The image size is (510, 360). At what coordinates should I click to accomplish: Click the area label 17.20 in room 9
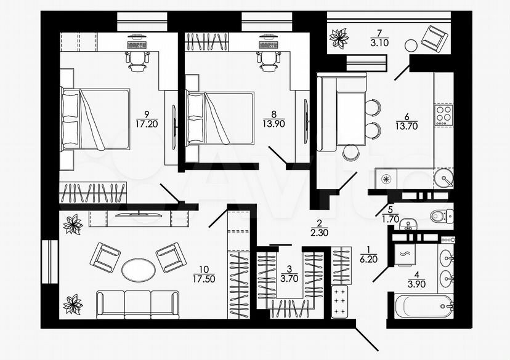[x=147, y=124]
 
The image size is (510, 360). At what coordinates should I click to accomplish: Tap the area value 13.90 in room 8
[x=274, y=124]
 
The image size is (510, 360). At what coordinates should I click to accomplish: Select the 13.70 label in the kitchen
[x=407, y=126]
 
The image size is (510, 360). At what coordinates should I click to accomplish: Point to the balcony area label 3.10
[x=379, y=42]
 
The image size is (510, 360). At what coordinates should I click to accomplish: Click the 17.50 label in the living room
[x=204, y=279]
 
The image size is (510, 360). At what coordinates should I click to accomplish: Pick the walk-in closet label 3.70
[x=289, y=279]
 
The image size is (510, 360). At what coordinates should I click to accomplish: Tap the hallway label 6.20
[x=368, y=259]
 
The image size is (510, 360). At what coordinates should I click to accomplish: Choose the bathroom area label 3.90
[x=416, y=284]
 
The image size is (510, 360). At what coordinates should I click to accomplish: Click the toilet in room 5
[x=442, y=215]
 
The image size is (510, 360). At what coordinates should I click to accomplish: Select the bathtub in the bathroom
[x=424, y=306]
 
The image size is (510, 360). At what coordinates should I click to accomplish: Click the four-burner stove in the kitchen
[x=444, y=114]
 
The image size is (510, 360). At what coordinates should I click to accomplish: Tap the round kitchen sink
[x=443, y=178]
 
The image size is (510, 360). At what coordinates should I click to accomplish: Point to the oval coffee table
[x=139, y=270]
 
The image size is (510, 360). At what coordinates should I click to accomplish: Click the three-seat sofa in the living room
[x=137, y=305]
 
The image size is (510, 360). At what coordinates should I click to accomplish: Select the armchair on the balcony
[x=434, y=39]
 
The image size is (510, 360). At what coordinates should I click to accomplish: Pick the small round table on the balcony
[x=411, y=45]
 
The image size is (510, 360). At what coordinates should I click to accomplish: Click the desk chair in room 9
[x=137, y=61]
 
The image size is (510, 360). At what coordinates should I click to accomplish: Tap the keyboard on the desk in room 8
[x=269, y=45]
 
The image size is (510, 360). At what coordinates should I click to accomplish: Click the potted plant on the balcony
[x=339, y=38]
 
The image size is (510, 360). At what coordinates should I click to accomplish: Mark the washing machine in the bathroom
[x=405, y=255]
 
